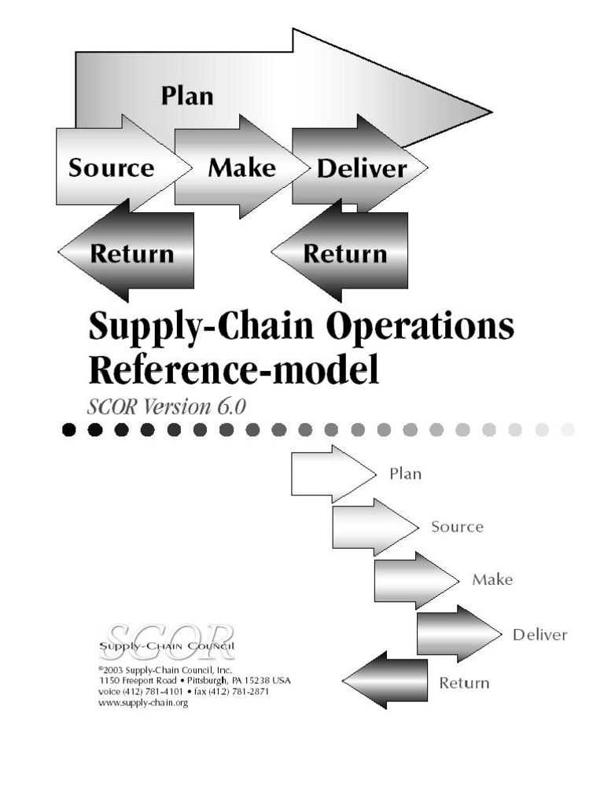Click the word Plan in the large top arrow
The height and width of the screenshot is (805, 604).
pyautogui.click(x=187, y=97)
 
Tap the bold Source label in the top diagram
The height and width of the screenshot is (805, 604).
pyautogui.click(x=111, y=168)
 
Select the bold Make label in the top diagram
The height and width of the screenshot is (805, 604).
pyautogui.click(x=241, y=167)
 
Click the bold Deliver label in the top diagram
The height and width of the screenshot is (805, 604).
pyautogui.click(x=362, y=169)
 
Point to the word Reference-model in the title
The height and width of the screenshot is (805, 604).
pyautogui.click(x=234, y=369)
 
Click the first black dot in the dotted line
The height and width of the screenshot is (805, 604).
pyautogui.click(x=69, y=429)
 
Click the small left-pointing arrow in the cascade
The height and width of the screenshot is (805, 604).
pyautogui.click(x=385, y=680)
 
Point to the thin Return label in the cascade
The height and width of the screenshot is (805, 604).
pyautogui.click(x=464, y=682)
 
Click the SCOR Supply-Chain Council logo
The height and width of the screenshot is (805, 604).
pyautogui.click(x=168, y=640)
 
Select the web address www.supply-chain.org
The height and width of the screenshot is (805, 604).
pyautogui.click(x=143, y=703)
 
